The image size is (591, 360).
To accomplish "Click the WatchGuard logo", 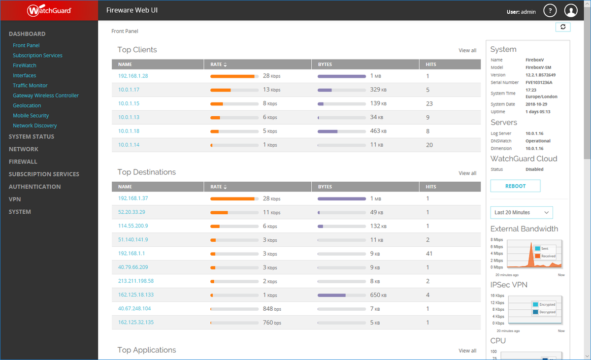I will pos(49,10).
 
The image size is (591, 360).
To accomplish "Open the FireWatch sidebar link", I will pos(25,65).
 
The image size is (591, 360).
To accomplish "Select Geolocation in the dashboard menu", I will pos(27,105).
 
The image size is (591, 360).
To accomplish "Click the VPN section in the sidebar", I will pos(15,199).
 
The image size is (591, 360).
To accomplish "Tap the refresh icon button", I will pos(562,27).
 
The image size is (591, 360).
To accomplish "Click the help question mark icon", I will pos(550,11).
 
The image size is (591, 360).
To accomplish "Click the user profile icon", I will pos(571,11).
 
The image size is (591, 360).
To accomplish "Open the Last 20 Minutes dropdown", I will pos(522,212).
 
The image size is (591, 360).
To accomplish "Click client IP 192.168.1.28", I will pos(133,76).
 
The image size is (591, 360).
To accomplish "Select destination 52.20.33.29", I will pos(131,212).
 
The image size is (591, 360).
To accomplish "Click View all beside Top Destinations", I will pos(467,173).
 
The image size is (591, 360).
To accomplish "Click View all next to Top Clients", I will pos(467,51).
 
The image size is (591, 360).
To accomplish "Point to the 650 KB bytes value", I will pos(378,295).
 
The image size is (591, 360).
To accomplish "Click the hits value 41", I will pos(429,254).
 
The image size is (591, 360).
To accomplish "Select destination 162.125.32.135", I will pos(136,323).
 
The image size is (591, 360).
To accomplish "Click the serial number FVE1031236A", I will pos(539,82).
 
